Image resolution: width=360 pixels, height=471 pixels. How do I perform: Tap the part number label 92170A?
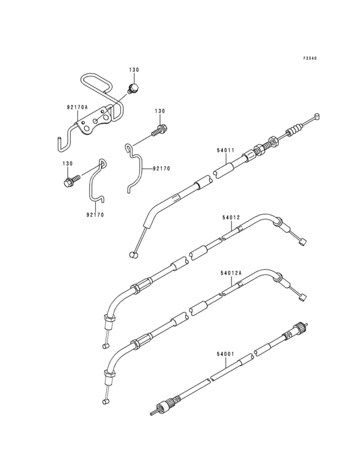coord(77,107)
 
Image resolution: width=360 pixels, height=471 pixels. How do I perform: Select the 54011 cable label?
coord(226,150)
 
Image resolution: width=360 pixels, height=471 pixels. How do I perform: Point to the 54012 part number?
coord(231,217)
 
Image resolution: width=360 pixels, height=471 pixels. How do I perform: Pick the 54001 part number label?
coord(225,354)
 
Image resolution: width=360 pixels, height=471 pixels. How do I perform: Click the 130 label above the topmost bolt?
coord(134,70)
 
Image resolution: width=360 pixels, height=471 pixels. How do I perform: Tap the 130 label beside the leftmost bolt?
coord(67,163)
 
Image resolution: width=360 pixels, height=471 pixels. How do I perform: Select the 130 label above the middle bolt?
coord(160,111)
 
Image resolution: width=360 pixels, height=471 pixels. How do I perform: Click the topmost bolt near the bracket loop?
coord(133,88)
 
